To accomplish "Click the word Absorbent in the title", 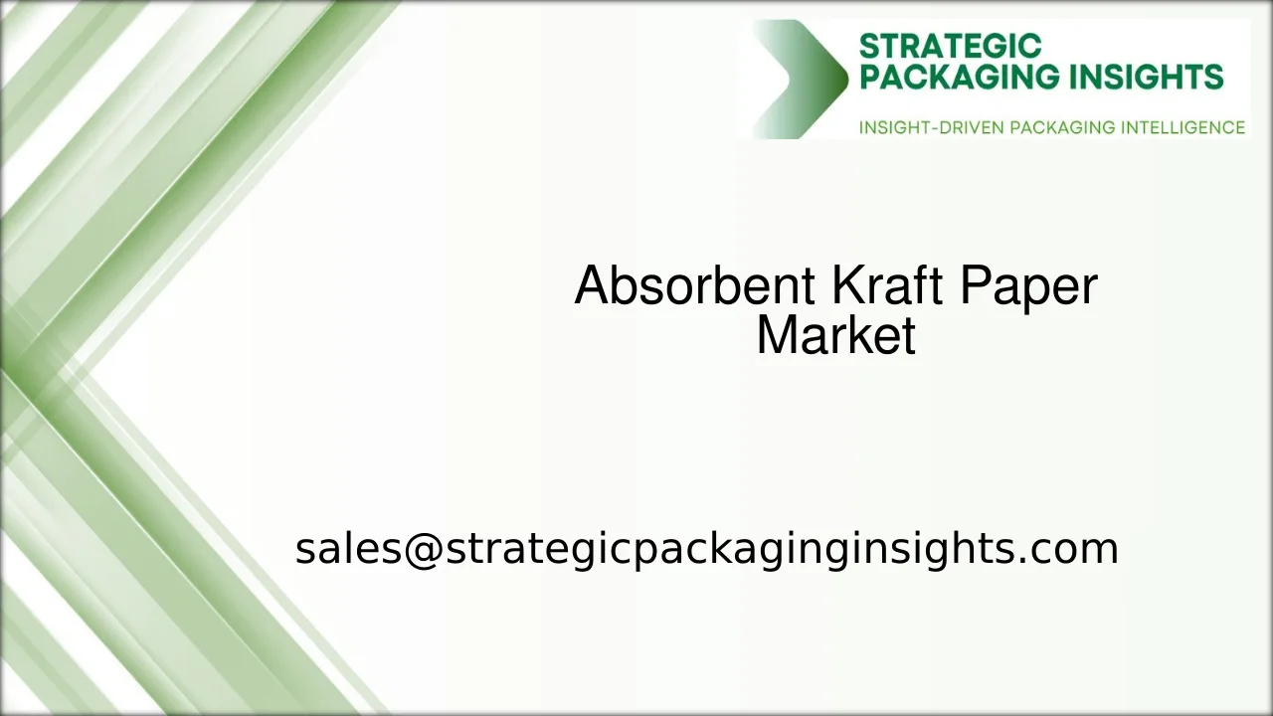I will tap(694, 286).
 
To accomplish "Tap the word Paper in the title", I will tap(1028, 286).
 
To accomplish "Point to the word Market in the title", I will tap(835, 336).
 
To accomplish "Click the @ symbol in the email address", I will tap(422, 549).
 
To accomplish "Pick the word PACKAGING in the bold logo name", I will tap(952, 78).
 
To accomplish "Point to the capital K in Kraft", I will tap(844, 286).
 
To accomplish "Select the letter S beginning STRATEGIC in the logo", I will tap(867, 47).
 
